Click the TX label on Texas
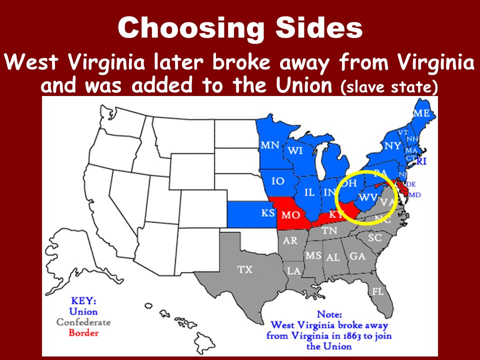coord(244,269)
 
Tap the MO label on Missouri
coord(290,215)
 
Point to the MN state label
coord(270,145)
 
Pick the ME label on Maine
coord(421,113)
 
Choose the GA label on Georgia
coord(357,256)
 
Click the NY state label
coord(392,146)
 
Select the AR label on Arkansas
coord(290,240)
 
